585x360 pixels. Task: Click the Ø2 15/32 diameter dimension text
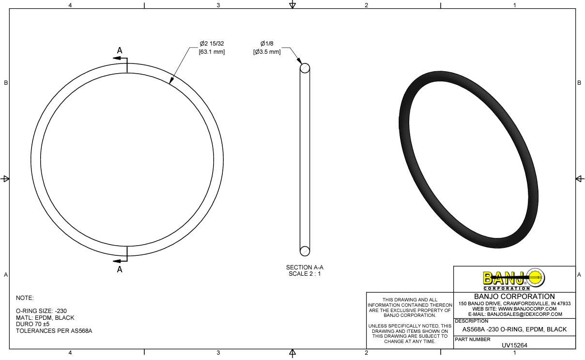[212, 44]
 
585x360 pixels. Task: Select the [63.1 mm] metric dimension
[212, 52]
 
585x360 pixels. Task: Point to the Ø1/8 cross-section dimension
[267, 44]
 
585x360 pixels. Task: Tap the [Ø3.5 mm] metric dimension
[267, 52]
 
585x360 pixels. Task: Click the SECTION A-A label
[305, 267]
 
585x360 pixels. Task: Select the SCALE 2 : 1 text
[305, 274]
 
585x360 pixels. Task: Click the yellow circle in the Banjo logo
[535, 278]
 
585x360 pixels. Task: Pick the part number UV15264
[514, 345]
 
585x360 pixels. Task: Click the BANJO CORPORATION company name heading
[514, 297]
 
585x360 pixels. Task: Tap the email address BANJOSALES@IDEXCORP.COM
[514, 314]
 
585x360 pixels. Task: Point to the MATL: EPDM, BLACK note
[45, 318]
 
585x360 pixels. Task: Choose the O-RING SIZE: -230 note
[41, 311]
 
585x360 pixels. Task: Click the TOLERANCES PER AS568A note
[54, 331]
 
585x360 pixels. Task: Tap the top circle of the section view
[305, 68]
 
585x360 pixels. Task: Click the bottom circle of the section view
[305, 251]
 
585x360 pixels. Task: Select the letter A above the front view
[120, 50]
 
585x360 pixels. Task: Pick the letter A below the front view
[120, 270]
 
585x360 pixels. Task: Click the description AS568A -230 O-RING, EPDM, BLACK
[514, 329]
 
